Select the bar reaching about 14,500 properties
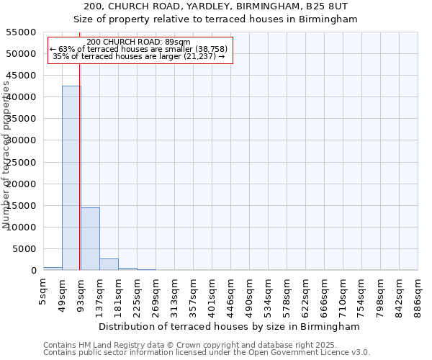point(90,239)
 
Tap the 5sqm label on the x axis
point(44,289)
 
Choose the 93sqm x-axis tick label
point(81,291)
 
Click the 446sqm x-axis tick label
point(231,293)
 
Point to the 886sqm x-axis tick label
point(418,293)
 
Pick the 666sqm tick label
point(325,293)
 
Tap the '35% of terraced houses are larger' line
point(139,56)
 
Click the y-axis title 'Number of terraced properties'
point(6,155)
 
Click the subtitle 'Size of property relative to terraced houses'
point(216,19)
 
